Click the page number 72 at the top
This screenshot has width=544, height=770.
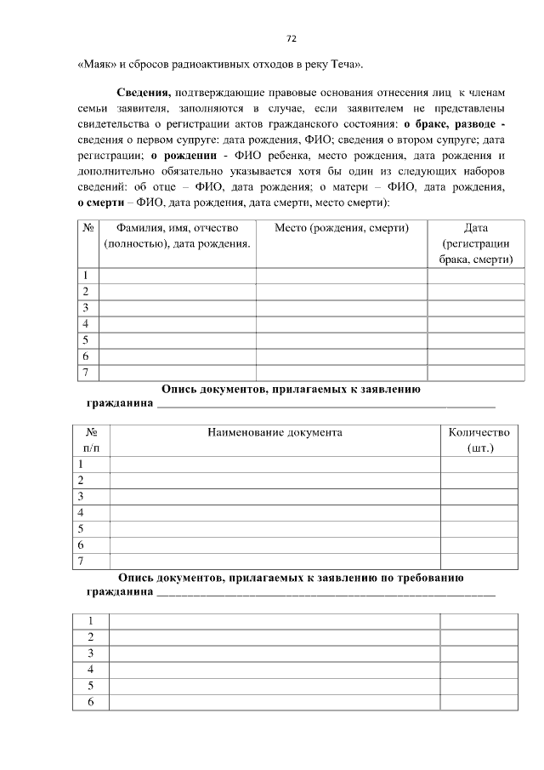coord(291,38)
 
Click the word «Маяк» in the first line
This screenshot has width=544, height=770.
coord(95,64)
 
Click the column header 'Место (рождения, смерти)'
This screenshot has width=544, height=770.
coord(341,228)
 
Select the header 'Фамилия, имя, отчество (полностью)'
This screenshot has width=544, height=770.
coord(177,236)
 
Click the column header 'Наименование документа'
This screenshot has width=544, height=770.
coord(275,432)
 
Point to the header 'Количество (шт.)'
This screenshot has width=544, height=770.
coord(479,440)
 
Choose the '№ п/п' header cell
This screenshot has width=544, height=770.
coord(91,440)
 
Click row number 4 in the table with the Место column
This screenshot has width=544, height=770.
coord(85,324)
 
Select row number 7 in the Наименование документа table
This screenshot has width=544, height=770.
coord(81,561)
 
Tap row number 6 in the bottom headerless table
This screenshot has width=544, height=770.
coord(90,702)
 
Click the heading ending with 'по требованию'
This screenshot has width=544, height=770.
coord(290,578)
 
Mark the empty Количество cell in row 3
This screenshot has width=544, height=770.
coord(479,496)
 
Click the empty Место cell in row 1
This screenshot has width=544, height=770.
coord(341,276)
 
